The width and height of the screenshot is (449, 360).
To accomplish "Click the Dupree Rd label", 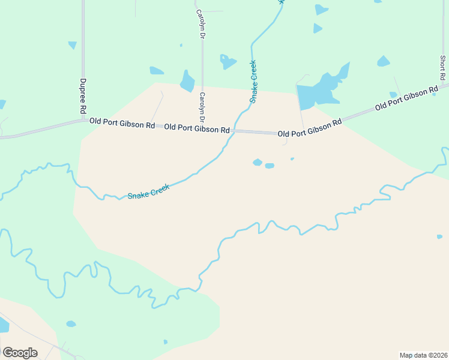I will pyautogui.click(x=83, y=96).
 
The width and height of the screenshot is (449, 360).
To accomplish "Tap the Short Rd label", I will pyautogui.click(x=442, y=68).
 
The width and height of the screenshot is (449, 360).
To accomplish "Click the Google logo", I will pyautogui.click(x=20, y=353).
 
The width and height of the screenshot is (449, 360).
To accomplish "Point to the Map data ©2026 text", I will pyautogui.click(x=424, y=355).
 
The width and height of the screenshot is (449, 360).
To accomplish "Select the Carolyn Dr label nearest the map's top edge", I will pyautogui.click(x=202, y=25).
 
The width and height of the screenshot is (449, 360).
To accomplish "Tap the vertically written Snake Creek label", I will pyautogui.click(x=253, y=82).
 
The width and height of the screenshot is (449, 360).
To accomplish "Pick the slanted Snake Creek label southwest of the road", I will pyautogui.click(x=149, y=191).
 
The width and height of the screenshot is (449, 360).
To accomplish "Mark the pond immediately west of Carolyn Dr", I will pyautogui.click(x=187, y=81).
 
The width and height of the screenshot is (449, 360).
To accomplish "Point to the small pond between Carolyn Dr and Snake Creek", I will pyautogui.click(x=227, y=61).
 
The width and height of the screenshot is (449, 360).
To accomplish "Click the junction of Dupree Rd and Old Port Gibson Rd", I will pyautogui.click(x=83, y=121).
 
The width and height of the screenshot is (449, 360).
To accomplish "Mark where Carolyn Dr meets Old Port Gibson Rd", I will pyautogui.click(x=202, y=128).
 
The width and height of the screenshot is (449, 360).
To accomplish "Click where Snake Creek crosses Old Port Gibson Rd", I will pyautogui.click(x=233, y=131).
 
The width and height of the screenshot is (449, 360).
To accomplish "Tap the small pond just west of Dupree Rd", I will pyautogui.click(x=72, y=45).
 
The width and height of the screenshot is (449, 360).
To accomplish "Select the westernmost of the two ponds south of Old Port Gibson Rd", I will pyautogui.click(x=258, y=162).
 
